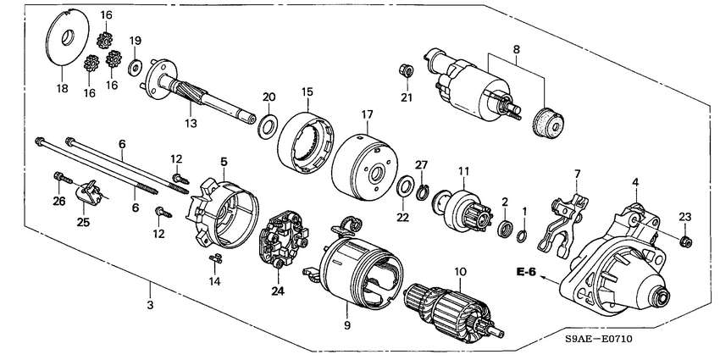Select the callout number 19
pos(135,41)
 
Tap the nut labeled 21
pos(406,70)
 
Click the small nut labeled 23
pos(685,241)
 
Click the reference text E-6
pos(526,272)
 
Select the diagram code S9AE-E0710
pos(598,340)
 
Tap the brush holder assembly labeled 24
pos(284,239)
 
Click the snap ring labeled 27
pos(423,192)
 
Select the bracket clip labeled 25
pos(91,192)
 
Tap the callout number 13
pos(191,123)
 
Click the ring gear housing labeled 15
pos(305,143)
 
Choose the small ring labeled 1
pos(522,236)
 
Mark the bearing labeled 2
pos(504,229)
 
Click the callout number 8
pos(517,48)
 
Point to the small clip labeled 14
pos(215,258)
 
